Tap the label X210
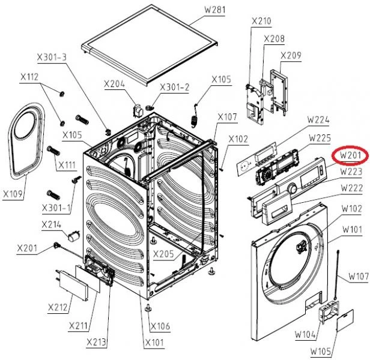261,22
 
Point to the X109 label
14,194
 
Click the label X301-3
52,58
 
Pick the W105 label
322,350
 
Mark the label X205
163,254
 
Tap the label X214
52,225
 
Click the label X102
238,139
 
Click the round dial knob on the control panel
292,189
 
